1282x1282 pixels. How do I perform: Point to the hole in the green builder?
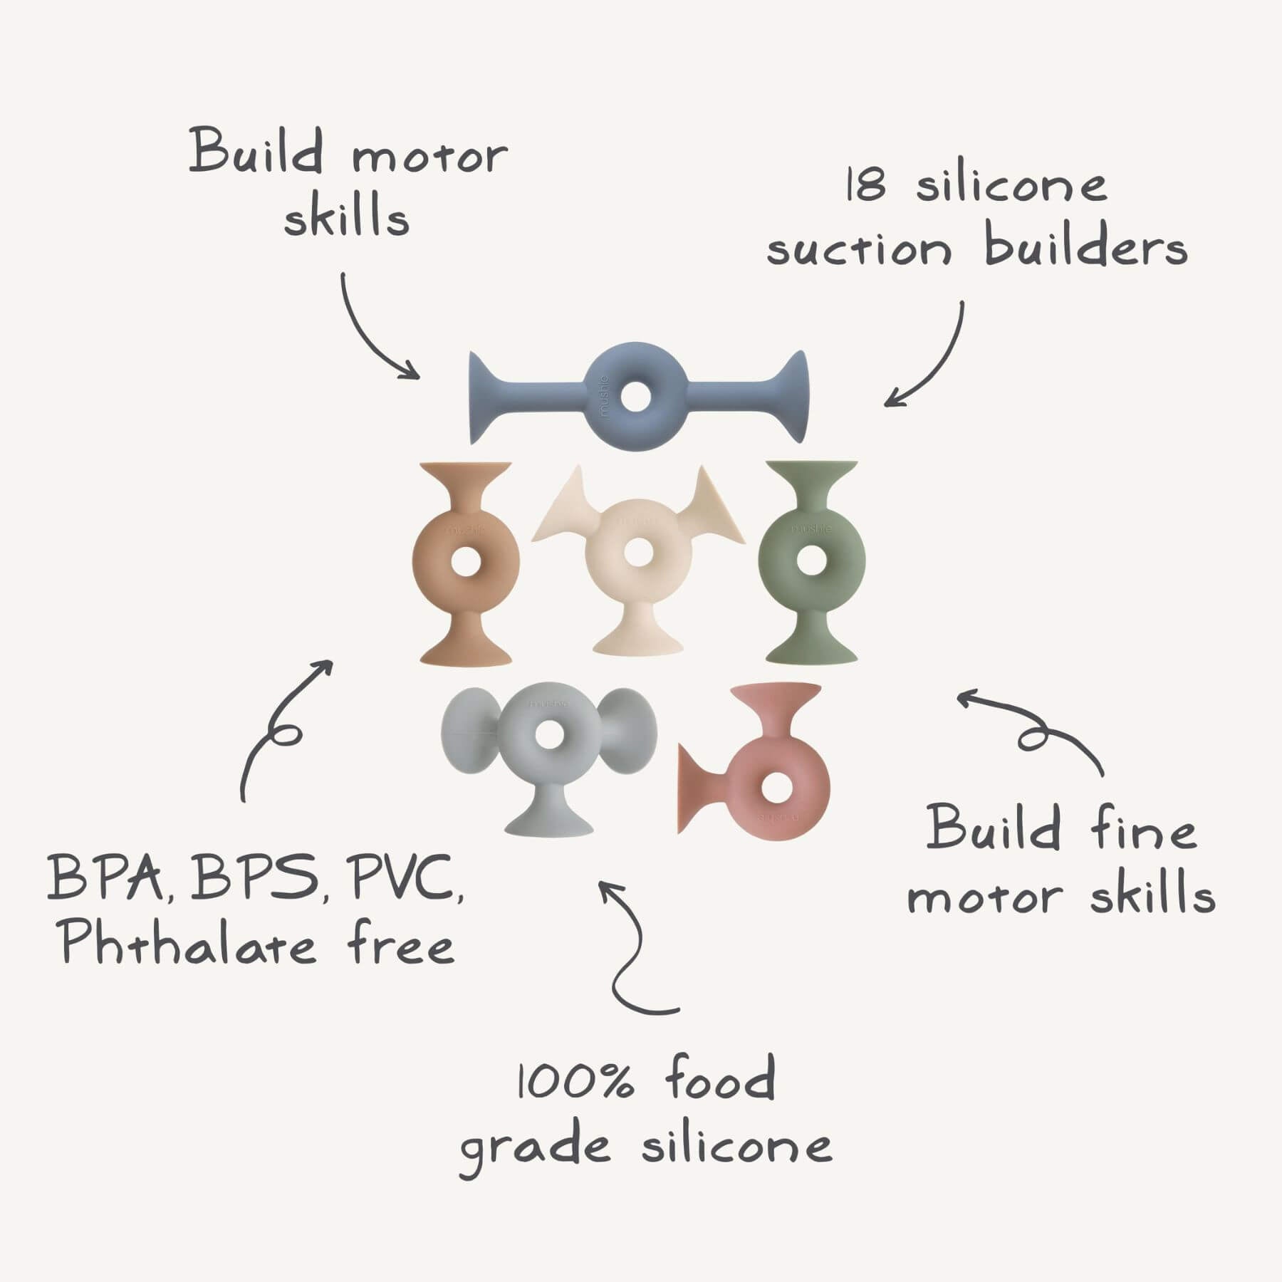click(807, 559)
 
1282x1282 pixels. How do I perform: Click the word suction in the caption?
click(859, 249)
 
